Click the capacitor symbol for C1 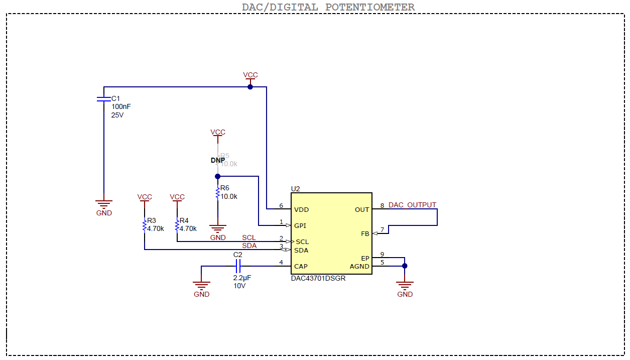point(103,99)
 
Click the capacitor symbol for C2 point(238,266)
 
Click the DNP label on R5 point(218,160)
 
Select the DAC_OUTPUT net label point(412,205)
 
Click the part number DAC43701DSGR point(318,278)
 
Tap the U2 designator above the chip point(295,189)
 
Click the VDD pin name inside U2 point(302,209)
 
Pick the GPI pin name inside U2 point(300,225)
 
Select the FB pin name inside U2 point(365,234)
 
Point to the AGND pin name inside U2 point(359,266)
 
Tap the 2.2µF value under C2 point(242,277)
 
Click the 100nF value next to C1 point(121,106)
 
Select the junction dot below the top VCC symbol point(250,87)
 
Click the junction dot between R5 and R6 point(217,176)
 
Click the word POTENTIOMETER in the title point(370,7)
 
